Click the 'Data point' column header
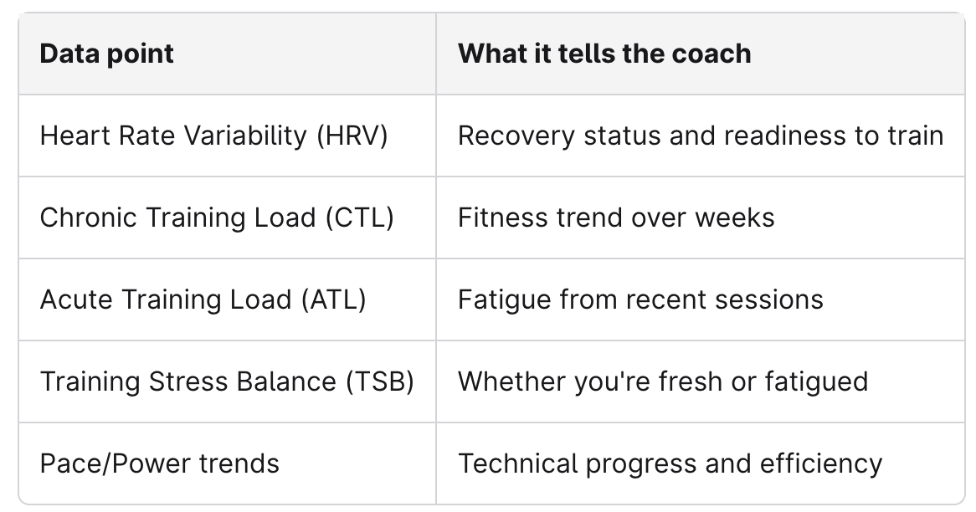[x=106, y=54]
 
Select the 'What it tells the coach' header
[x=604, y=54]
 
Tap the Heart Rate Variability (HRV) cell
[x=213, y=136]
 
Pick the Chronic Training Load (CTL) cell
[x=216, y=218]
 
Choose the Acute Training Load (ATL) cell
[x=203, y=300]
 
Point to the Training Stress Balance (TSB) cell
[x=227, y=381]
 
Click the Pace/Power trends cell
[x=159, y=463]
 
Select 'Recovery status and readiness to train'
[x=700, y=136]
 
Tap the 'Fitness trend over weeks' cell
[x=615, y=218]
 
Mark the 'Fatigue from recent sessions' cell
[x=640, y=300]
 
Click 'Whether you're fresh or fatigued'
[x=662, y=381]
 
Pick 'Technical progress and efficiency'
[x=670, y=463]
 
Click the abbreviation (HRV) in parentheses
[x=352, y=136]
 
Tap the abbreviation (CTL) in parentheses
[x=359, y=218]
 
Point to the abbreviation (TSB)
[x=379, y=381]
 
